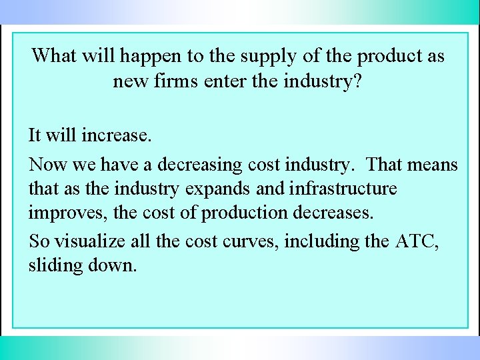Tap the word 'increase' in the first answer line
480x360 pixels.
[x=115, y=136]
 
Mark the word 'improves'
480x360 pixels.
[x=65, y=214]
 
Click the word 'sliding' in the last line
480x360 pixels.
[x=55, y=265]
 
